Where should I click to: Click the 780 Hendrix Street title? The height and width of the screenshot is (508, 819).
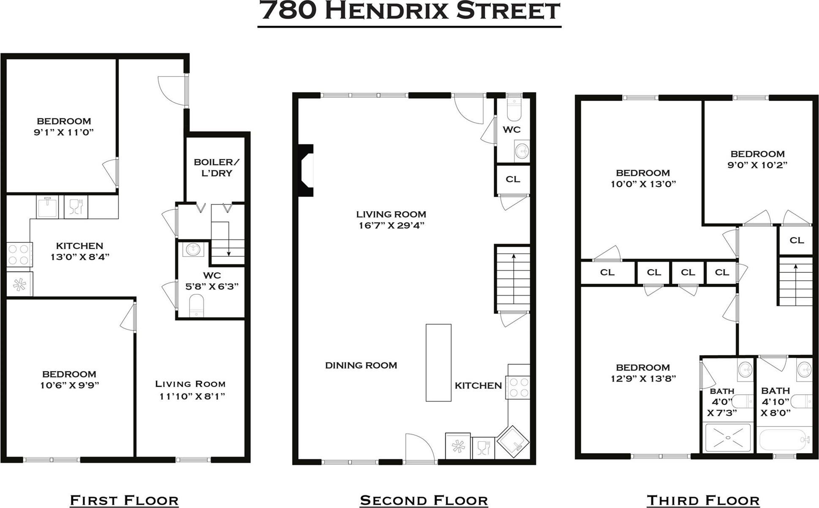click(409, 11)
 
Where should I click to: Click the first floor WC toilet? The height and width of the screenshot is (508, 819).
click(196, 305)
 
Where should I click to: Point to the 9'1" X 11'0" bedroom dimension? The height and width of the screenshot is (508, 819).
click(64, 132)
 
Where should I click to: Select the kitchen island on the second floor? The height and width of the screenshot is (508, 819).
click(438, 362)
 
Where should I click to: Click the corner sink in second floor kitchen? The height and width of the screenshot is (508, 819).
click(513, 442)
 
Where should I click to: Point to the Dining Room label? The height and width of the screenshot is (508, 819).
click(361, 365)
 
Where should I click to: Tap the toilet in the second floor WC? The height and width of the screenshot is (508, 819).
click(514, 111)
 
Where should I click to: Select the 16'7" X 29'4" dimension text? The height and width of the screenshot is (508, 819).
click(391, 225)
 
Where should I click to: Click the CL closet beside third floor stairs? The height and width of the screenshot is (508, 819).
click(796, 240)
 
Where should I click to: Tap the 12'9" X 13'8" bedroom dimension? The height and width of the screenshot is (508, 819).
click(643, 378)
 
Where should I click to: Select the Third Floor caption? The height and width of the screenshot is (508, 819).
click(703, 500)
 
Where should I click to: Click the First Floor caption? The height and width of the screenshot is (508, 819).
click(124, 500)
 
